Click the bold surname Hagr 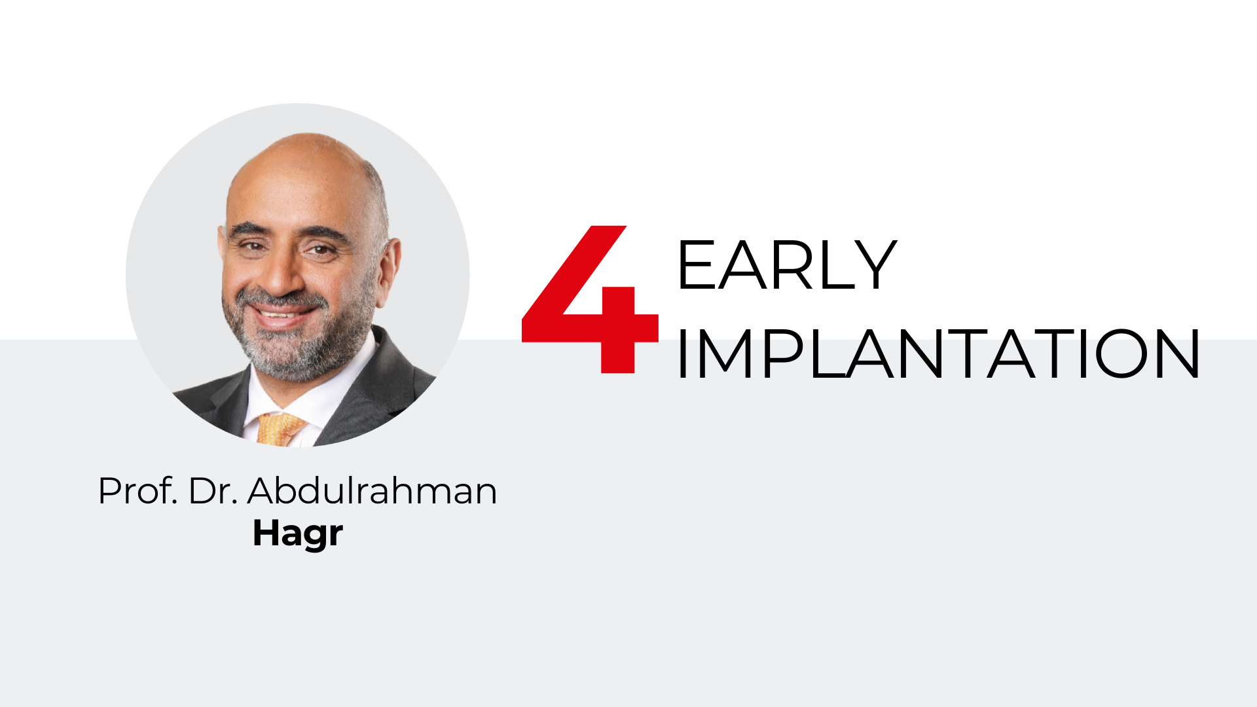click(298, 534)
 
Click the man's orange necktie click(280, 429)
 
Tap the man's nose click(285, 275)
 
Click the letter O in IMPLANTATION click(1121, 353)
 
